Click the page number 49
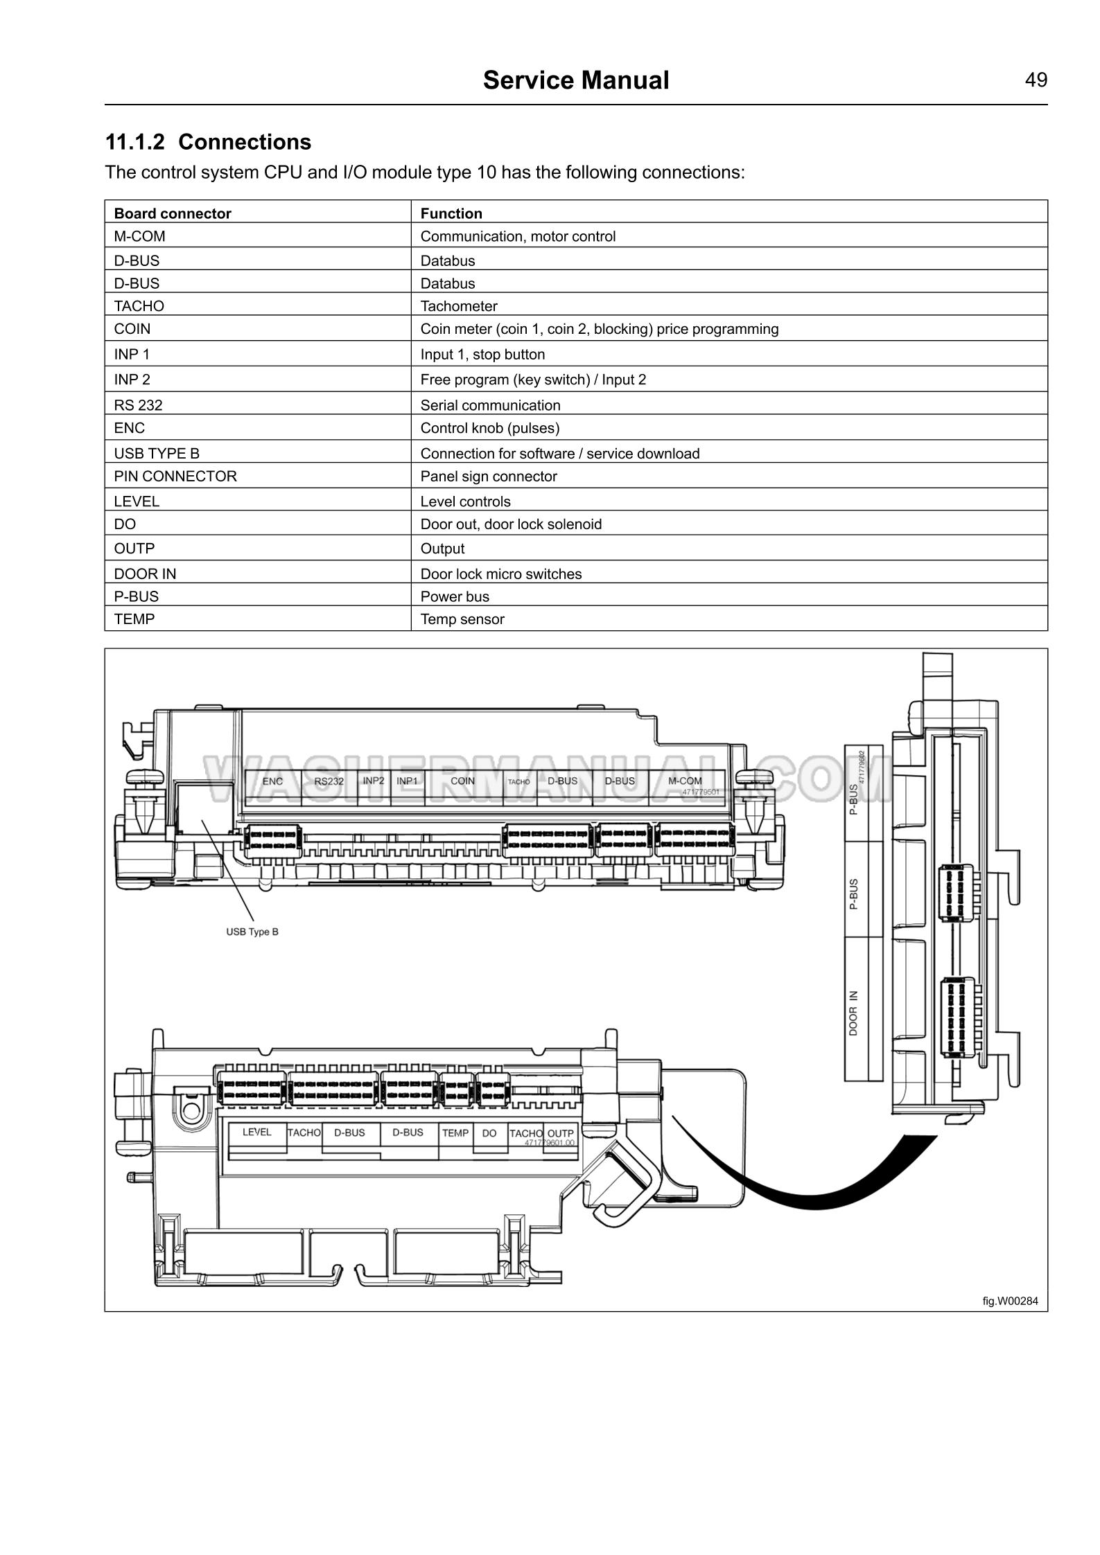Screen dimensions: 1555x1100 click(1036, 80)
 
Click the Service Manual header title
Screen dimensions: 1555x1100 click(575, 80)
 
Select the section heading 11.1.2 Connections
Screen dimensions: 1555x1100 click(208, 142)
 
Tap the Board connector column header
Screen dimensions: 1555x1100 click(173, 213)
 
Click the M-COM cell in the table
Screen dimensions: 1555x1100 click(140, 236)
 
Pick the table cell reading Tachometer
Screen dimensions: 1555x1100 click(459, 306)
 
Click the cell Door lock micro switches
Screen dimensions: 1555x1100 click(501, 574)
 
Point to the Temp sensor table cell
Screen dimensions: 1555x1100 click(462, 619)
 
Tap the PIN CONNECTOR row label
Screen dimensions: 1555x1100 click(175, 477)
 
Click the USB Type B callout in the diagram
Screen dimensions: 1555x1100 click(252, 932)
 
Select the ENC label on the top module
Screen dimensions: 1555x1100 click(272, 781)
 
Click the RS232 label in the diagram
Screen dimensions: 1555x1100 click(329, 781)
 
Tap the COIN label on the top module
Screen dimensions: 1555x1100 click(463, 781)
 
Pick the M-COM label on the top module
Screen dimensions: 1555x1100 click(685, 781)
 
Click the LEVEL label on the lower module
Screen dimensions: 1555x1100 click(256, 1132)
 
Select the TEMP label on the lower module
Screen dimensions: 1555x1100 click(455, 1133)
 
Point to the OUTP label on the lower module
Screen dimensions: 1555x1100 click(561, 1134)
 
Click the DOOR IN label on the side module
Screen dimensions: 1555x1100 click(853, 1013)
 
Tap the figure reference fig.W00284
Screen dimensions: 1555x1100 click(1010, 1301)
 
